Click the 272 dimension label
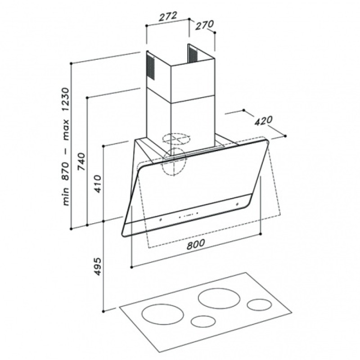tap(168, 16)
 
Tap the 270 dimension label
tap(204, 25)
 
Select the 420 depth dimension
tap(263, 121)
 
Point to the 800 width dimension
tap(195, 244)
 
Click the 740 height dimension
tap(82, 161)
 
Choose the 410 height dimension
tap(98, 184)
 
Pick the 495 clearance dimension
tap(98, 267)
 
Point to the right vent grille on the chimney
tap(193, 54)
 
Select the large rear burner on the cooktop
tap(219, 298)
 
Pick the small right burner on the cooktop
tap(260, 305)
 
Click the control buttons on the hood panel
tap(189, 215)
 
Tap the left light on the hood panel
tap(160, 220)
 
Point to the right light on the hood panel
tap(237, 204)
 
